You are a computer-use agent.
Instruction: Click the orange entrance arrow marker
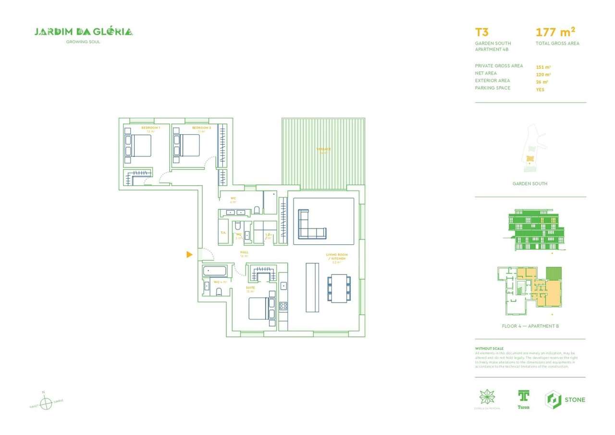point(189,254)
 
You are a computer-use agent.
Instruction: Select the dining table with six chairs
point(340,288)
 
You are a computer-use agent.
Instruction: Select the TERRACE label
point(323,149)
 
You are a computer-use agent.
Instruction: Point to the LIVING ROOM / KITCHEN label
point(336,256)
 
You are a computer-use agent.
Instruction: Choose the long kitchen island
point(312,287)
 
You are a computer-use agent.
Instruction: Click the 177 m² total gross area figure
point(555,32)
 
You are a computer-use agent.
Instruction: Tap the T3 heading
point(482,33)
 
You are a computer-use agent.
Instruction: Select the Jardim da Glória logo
point(84,32)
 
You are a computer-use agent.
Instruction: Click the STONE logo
point(565,399)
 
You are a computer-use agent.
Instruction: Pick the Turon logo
point(523,399)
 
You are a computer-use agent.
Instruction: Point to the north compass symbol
point(46,403)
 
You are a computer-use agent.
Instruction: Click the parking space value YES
point(540,90)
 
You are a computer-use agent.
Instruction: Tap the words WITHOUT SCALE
point(489,348)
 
